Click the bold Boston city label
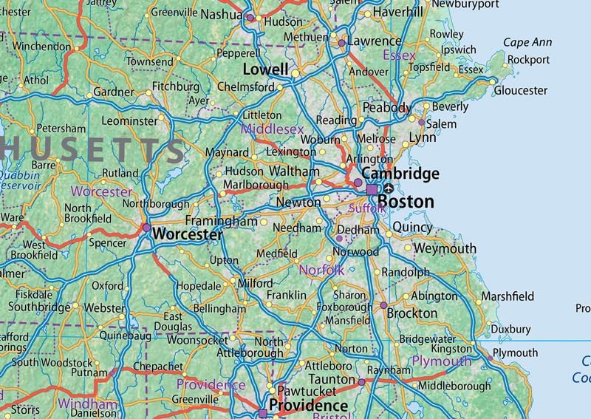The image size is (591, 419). coord(406,201)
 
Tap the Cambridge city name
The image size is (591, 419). coord(400,174)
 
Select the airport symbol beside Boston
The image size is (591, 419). coord(389,189)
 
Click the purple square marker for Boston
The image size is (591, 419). coord(372,190)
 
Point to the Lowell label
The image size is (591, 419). coord(266,69)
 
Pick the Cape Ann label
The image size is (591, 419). coord(527,43)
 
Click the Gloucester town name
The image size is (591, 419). coord(521,90)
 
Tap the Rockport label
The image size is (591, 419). coord(529,60)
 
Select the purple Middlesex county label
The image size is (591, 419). coord(272,130)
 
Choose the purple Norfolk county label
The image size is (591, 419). coord(321,270)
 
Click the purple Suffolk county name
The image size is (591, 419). coord(367,209)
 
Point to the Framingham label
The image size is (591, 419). coord(221,221)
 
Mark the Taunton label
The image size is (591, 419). coord(332,378)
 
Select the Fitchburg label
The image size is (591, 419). coord(176,86)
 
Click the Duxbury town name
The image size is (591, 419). coord(510,329)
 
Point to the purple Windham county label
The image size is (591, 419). coord(87,404)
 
